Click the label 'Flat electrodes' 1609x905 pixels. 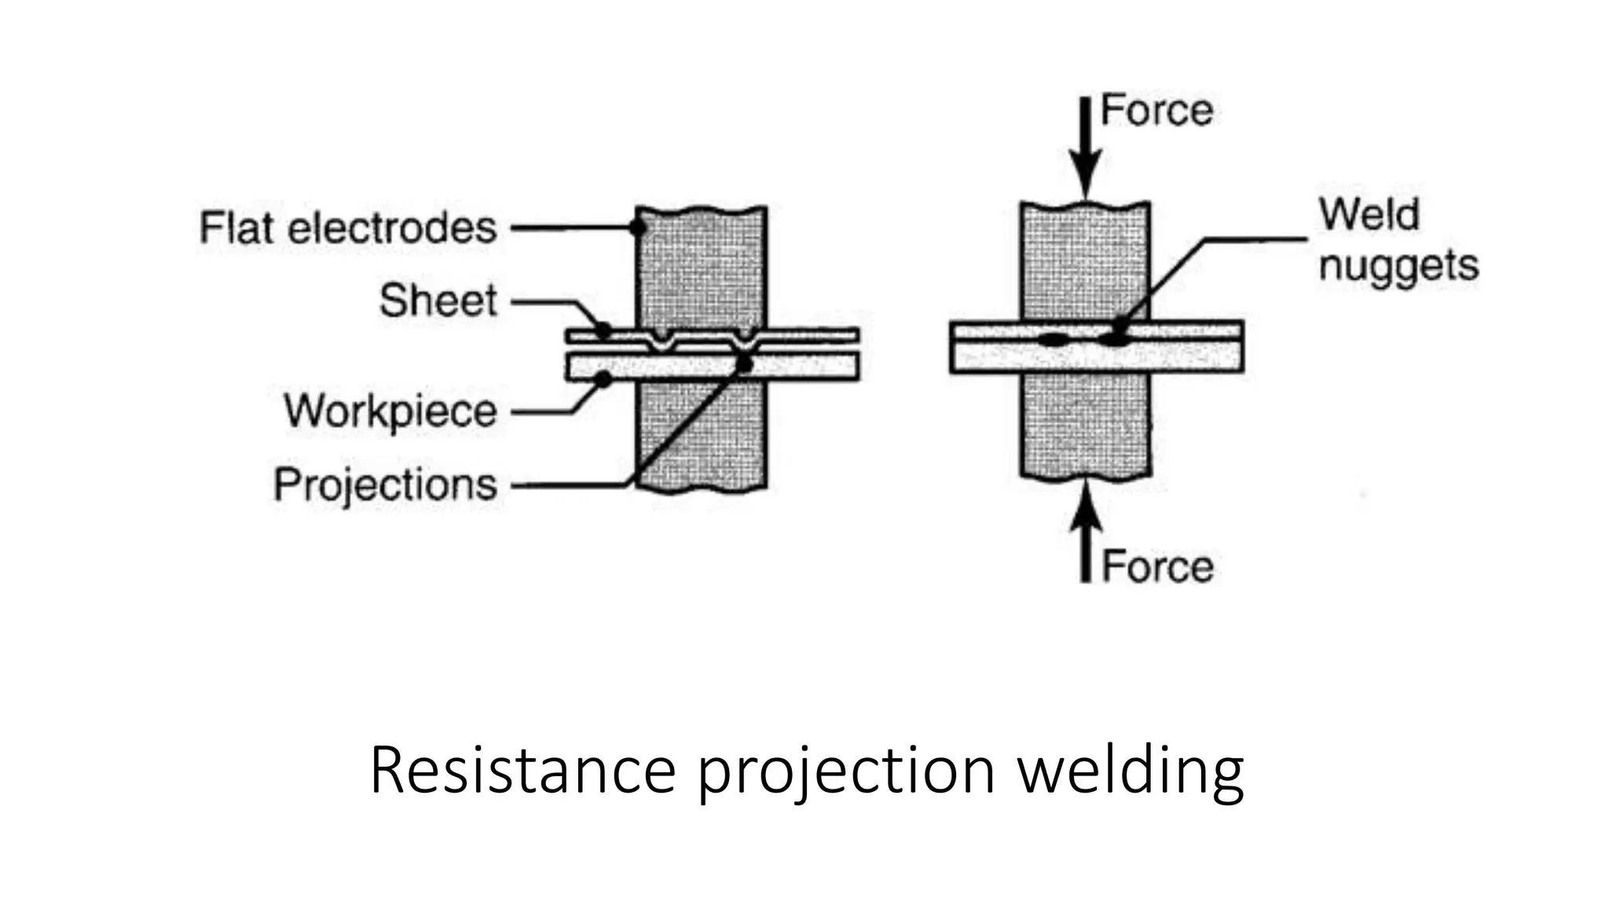348,228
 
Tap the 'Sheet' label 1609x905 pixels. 438,301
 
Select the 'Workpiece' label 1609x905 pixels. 390,411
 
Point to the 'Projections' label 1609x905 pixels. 385,484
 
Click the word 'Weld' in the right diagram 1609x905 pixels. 1369,214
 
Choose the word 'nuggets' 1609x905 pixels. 1398,266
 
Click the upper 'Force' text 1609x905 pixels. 1156,110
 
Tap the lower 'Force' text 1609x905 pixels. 1157,566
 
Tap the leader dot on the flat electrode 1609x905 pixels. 638,228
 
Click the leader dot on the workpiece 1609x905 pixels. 603,379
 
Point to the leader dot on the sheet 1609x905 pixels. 603,330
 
